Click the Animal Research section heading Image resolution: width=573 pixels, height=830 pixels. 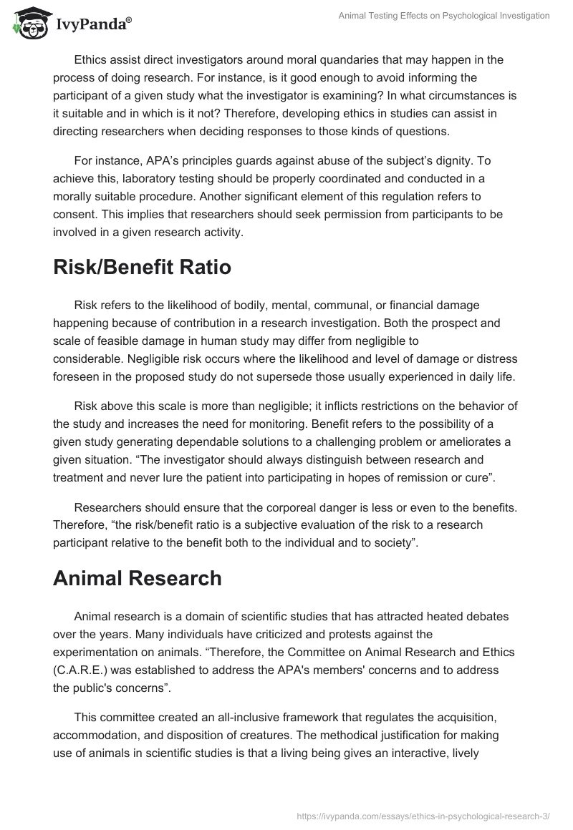point(138,579)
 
